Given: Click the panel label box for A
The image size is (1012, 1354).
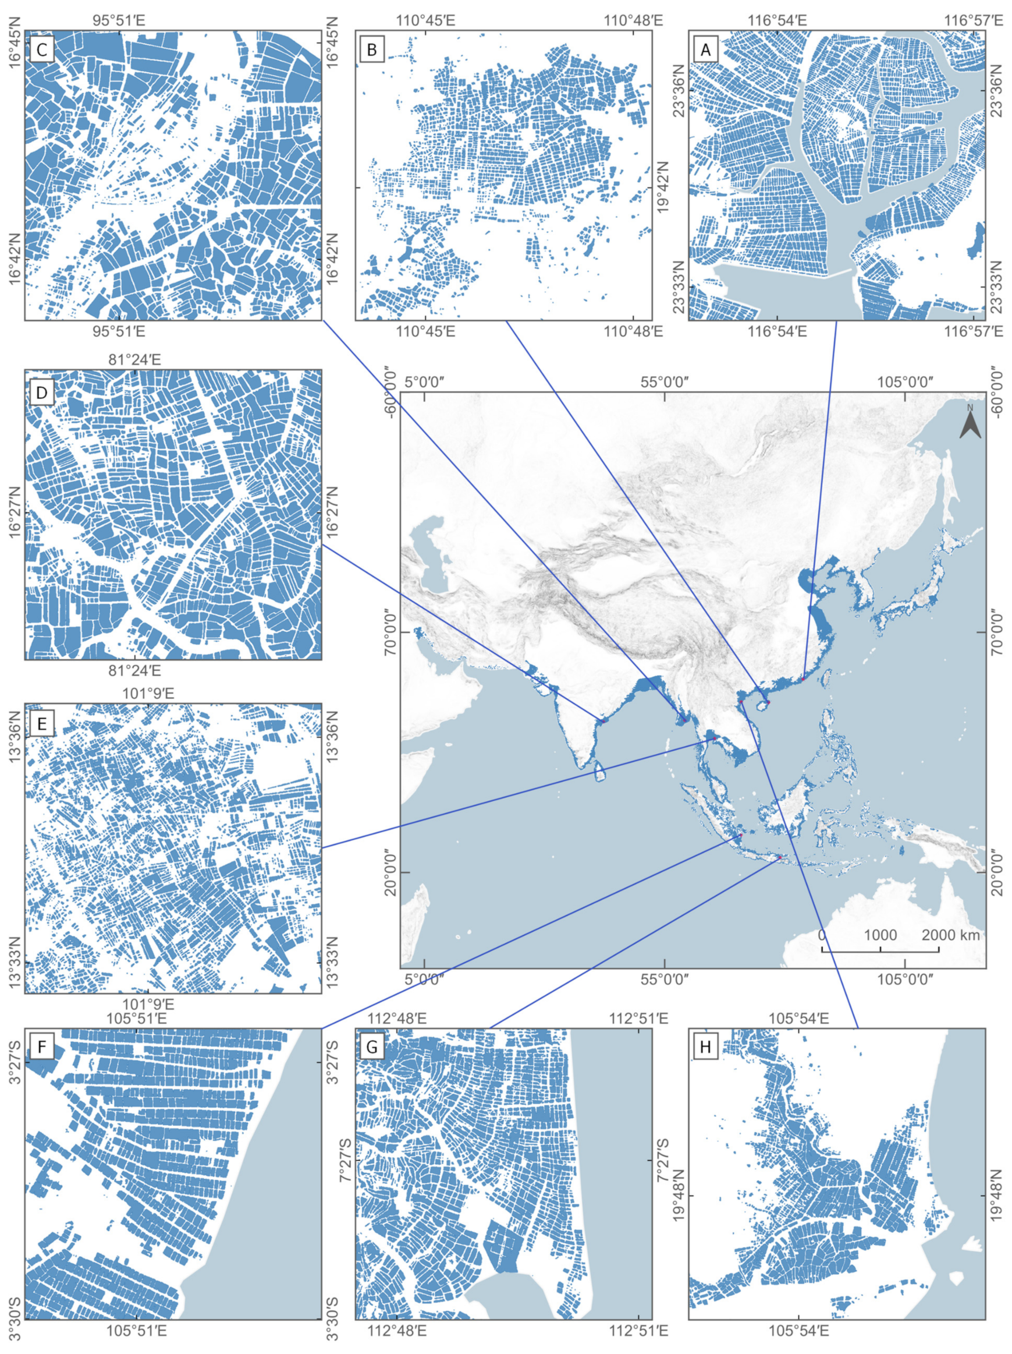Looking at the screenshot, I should (x=705, y=50).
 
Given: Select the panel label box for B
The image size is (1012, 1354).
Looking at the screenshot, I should (x=371, y=50).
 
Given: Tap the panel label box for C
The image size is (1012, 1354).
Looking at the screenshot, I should (x=41, y=50).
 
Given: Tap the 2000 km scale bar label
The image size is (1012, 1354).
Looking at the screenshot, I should (x=950, y=935).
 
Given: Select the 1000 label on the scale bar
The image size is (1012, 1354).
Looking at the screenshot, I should (x=880, y=935).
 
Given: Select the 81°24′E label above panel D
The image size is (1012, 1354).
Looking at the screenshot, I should (x=134, y=359).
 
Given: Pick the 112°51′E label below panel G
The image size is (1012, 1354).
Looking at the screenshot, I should (x=638, y=1342).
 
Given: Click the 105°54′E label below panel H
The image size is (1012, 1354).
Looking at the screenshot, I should (x=799, y=1342).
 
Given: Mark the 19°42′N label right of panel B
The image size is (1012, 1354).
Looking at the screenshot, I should (x=663, y=187).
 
